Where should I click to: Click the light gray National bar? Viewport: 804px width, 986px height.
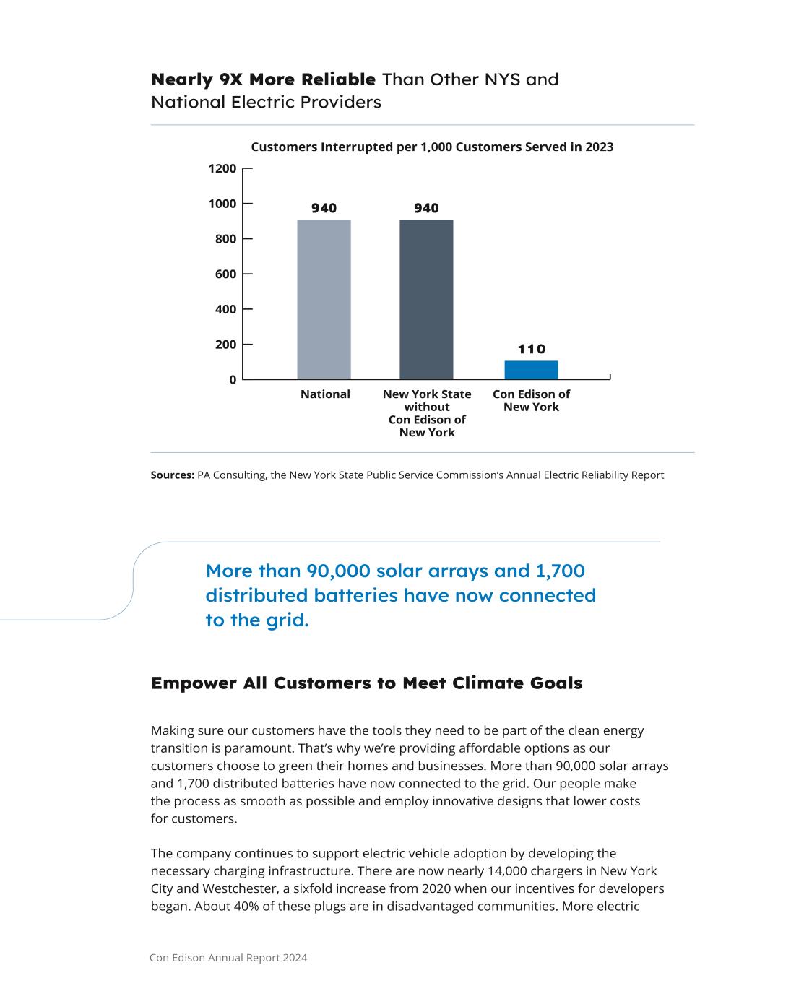click(x=324, y=299)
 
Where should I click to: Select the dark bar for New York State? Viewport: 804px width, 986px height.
click(x=426, y=299)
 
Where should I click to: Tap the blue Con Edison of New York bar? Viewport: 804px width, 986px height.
click(x=531, y=370)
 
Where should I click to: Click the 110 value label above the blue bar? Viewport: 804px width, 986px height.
click(x=532, y=349)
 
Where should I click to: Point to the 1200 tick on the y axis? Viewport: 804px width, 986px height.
click(x=223, y=169)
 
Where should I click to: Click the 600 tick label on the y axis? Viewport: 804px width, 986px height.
click(x=225, y=274)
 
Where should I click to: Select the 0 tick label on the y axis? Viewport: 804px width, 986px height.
click(x=233, y=380)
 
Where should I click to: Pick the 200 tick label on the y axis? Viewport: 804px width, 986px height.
click(x=225, y=345)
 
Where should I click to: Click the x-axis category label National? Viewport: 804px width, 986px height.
click(x=325, y=394)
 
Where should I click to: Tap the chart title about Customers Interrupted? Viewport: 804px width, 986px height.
click(x=432, y=147)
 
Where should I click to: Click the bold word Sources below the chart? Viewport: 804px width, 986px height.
click(x=172, y=475)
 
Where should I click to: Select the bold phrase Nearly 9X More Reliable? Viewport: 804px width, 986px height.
click(x=263, y=79)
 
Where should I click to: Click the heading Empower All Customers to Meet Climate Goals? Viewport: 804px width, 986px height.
click(x=366, y=683)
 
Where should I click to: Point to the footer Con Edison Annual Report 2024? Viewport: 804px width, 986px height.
click(x=228, y=958)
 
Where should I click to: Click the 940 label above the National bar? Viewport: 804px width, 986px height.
click(x=324, y=209)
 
